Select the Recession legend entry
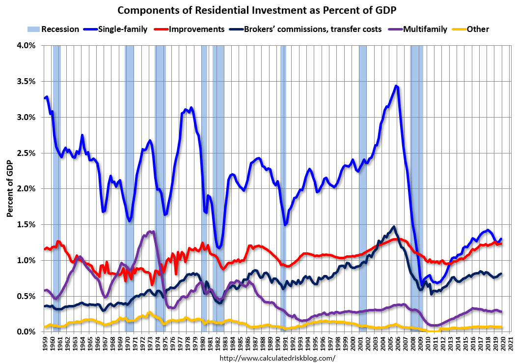click(59, 29)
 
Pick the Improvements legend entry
click(196, 29)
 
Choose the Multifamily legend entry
click(425, 29)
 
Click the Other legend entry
click(478, 29)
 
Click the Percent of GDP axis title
click(10, 188)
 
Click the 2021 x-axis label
click(510, 343)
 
